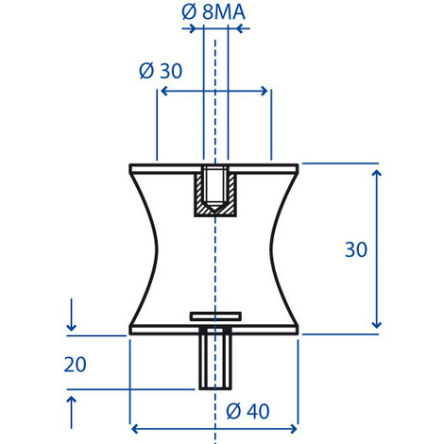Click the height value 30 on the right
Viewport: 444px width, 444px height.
[355, 250]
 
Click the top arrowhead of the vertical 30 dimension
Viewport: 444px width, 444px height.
[377, 171]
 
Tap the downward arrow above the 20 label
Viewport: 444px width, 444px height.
[71, 326]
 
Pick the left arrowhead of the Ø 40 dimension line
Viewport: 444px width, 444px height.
[133, 425]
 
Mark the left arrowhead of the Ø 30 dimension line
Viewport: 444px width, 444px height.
[162, 92]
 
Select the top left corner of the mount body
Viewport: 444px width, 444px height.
[130, 166]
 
